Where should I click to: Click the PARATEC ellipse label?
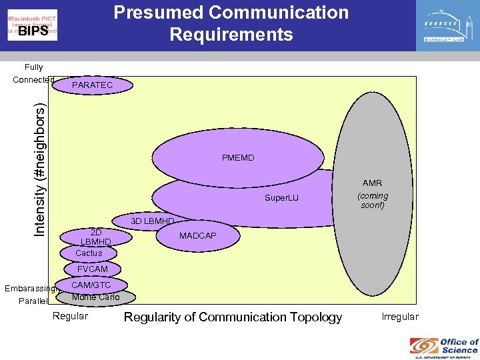[93, 85]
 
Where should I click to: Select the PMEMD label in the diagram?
[238, 158]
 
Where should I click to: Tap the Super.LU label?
[282, 198]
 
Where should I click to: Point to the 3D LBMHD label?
[152, 221]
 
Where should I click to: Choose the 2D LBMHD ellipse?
[95, 237]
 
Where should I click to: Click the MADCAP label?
[197, 236]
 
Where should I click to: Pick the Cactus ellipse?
[89, 253]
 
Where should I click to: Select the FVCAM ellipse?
[92, 269]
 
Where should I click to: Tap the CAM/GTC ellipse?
[91, 285]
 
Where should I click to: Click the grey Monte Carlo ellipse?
[96, 297]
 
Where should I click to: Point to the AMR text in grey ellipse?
[372, 183]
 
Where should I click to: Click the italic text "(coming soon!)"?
[372, 200]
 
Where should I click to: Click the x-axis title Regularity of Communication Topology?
[233, 317]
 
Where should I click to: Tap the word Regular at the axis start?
[70, 316]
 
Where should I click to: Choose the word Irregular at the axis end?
[400, 317]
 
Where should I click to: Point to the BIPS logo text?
[33, 31]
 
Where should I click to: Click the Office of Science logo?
[444, 346]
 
